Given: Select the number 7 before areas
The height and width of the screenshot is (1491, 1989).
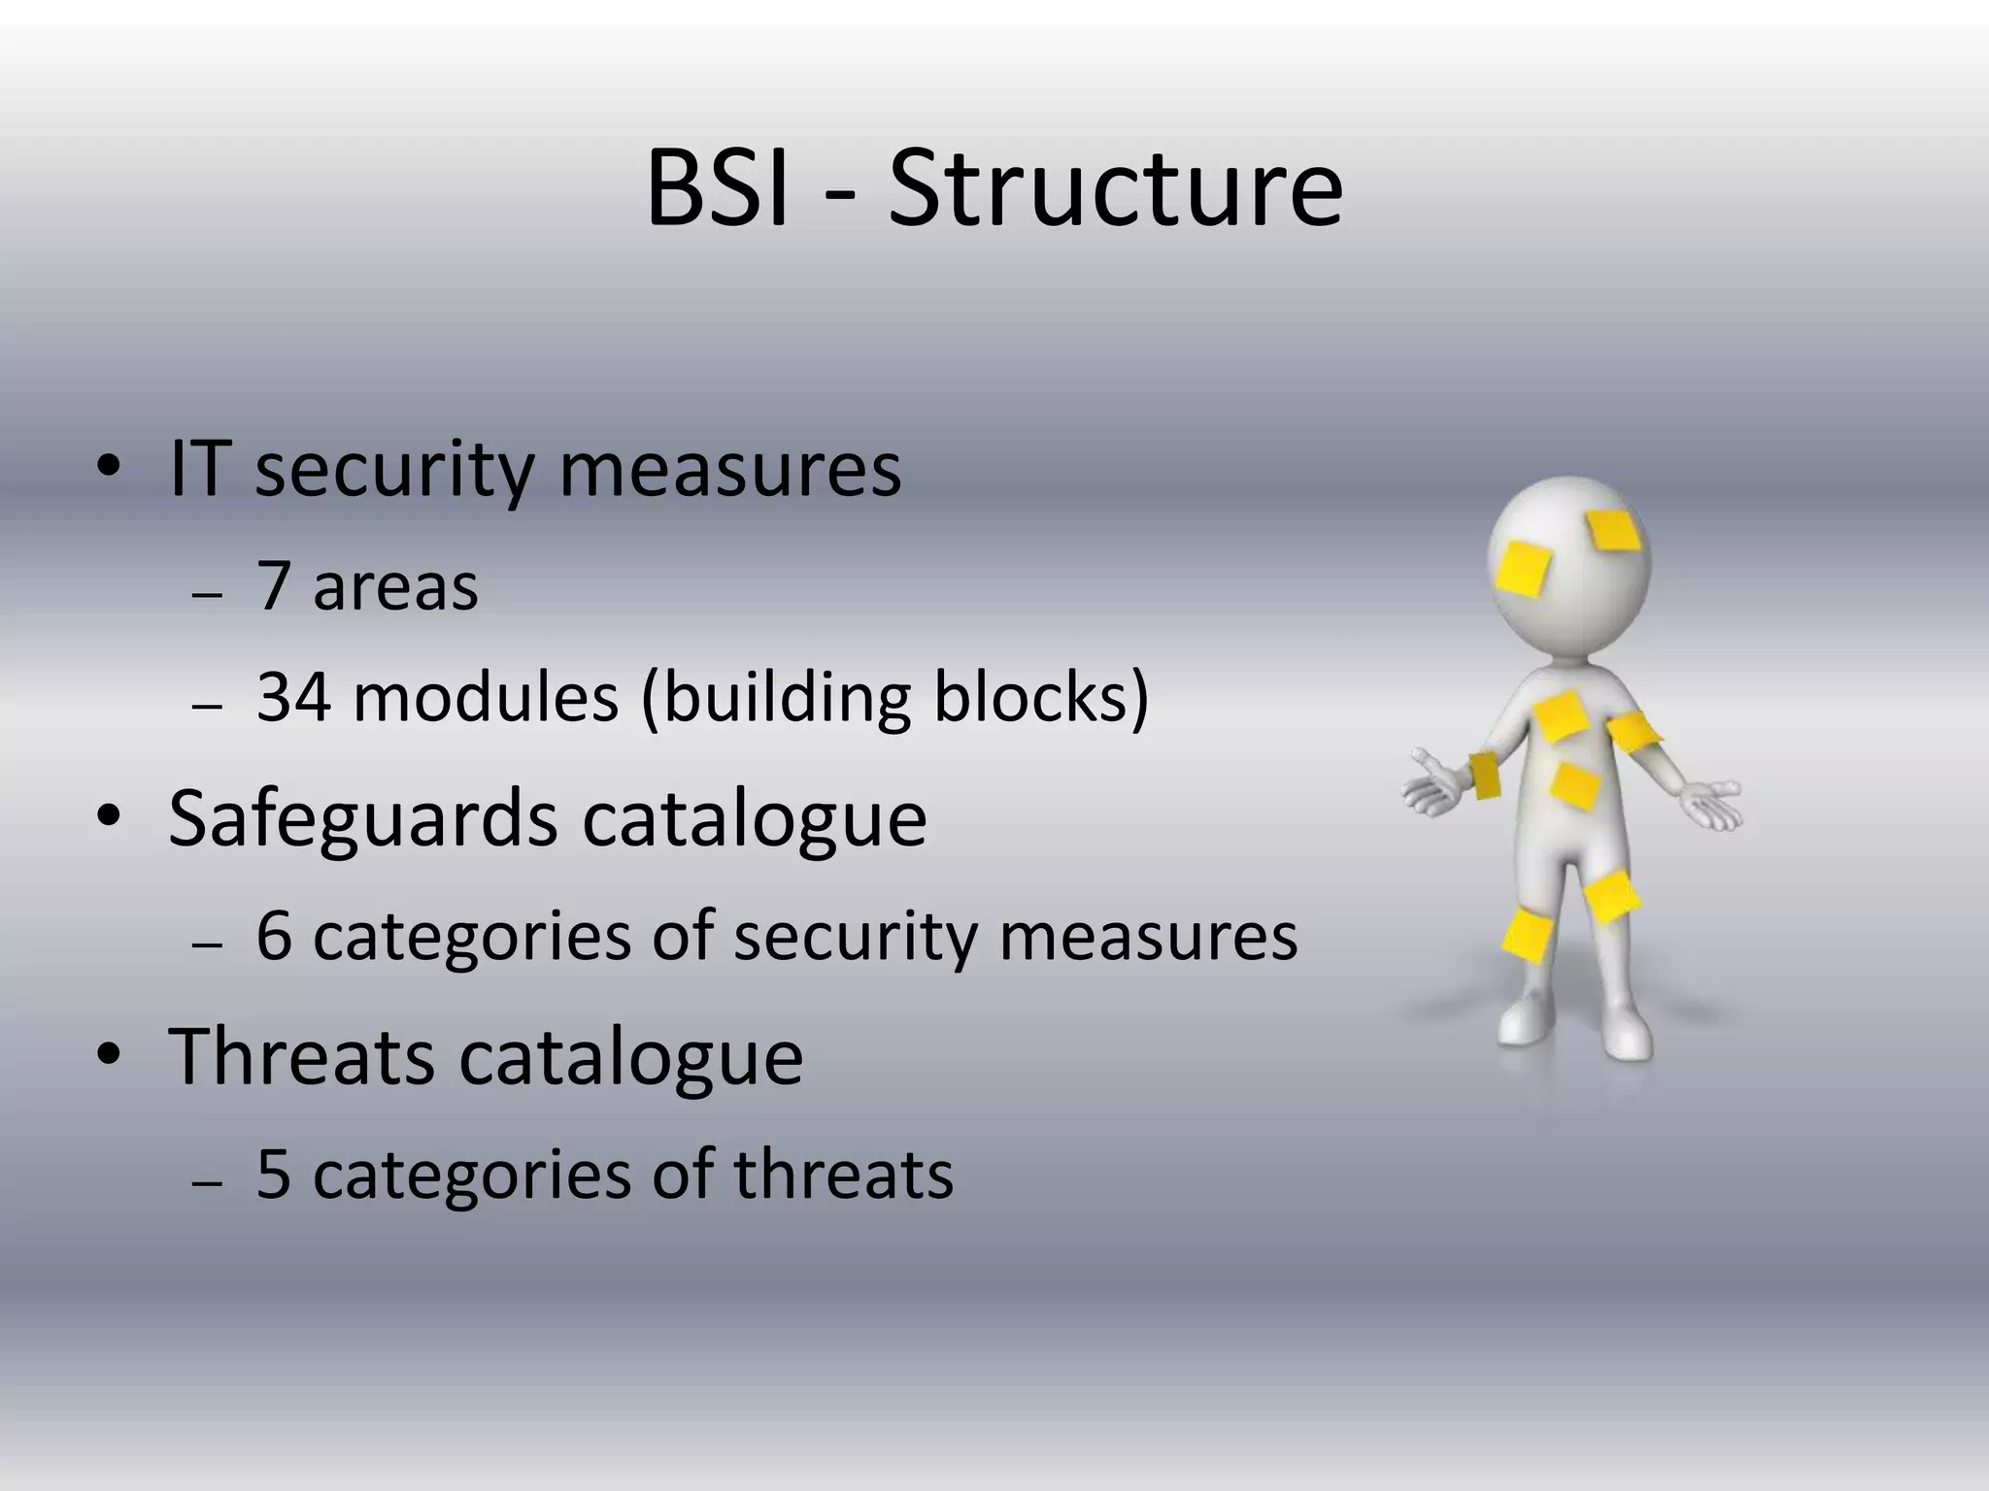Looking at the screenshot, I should pyautogui.click(x=274, y=586).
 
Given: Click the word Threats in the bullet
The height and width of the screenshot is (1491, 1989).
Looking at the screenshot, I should pyautogui.click(x=301, y=1056).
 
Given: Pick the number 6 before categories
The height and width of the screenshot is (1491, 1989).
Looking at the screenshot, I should pyautogui.click(x=274, y=936).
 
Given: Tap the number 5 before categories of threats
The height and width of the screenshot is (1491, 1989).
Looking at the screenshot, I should pyautogui.click(x=274, y=1175).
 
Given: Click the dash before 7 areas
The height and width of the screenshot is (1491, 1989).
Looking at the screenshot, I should pyautogui.click(x=208, y=594).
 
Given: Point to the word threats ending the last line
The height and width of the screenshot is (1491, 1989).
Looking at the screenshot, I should pyautogui.click(x=843, y=1175).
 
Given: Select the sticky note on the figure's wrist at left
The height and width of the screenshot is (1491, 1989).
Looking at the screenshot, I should pyautogui.click(x=1483, y=775).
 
